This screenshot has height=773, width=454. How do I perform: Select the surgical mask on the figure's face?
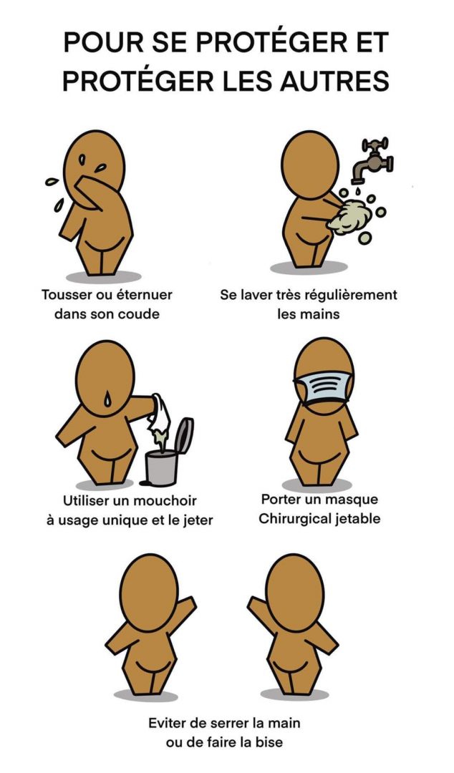point(323,388)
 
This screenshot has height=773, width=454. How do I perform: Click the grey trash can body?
point(161,467)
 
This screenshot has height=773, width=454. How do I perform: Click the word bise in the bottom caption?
point(270,742)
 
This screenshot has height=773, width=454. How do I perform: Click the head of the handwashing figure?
point(310,165)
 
